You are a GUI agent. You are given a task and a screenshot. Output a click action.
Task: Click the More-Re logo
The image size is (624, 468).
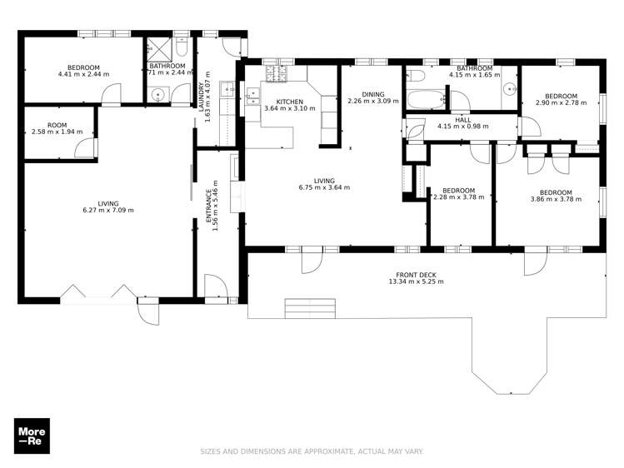point(32,436)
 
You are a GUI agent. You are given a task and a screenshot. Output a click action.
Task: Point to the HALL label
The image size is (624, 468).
point(463,119)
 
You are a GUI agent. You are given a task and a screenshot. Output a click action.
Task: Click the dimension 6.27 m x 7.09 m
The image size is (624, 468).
point(108,210)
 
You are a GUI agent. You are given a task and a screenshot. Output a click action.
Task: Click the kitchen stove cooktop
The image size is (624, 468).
point(276,75)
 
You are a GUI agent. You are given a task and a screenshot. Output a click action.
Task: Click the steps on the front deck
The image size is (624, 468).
point(310,307)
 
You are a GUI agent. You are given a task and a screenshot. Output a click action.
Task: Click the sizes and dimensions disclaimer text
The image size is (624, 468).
point(312,451)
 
